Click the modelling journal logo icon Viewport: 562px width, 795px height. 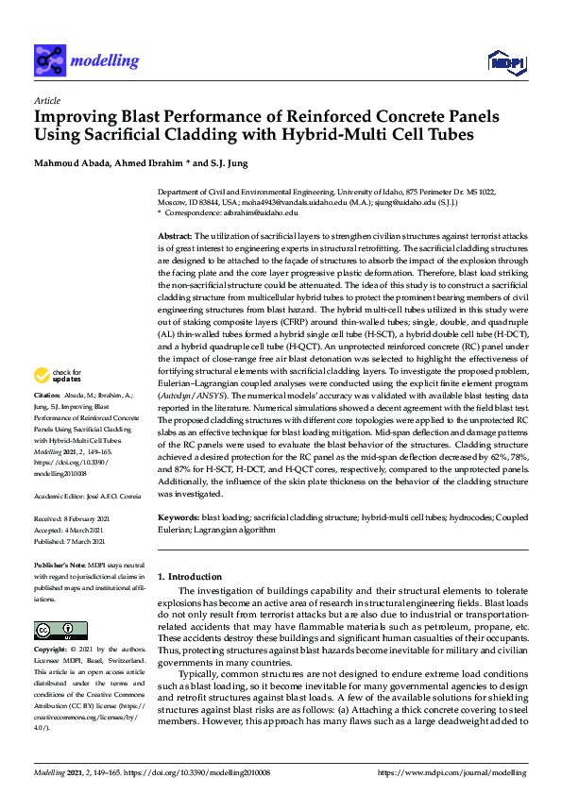click(51, 61)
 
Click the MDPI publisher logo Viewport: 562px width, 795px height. click(505, 62)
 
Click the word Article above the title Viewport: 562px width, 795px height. click(47, 100)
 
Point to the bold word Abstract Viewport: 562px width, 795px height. click(175, 234)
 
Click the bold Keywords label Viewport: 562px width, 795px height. click(179, 518)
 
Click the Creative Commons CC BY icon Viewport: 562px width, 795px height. click(54, 630)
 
